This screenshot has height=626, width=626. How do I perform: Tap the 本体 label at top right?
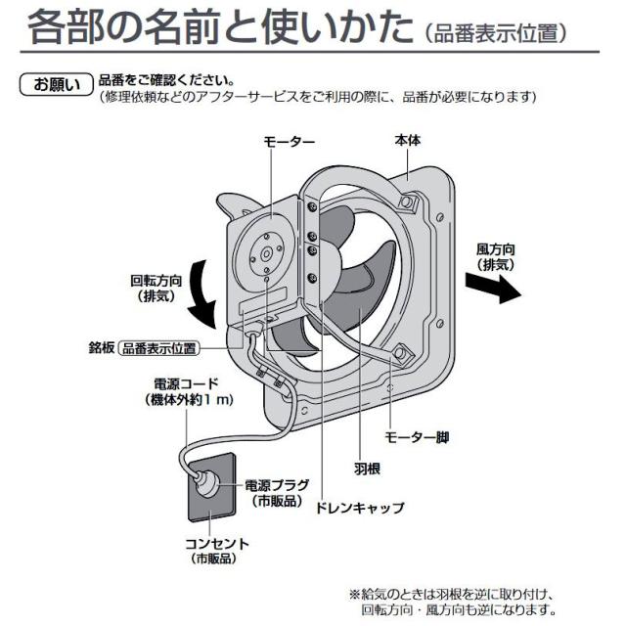pyautogui.click(x=408, y=140)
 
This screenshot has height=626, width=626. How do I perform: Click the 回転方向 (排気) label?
pyautogui.click(x=157, y=288)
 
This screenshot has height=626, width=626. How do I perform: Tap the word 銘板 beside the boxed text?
pyautogui.click(x=101, y=347)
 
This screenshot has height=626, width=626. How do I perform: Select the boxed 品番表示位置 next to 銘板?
pyautogui.click(x=158, y=348)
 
